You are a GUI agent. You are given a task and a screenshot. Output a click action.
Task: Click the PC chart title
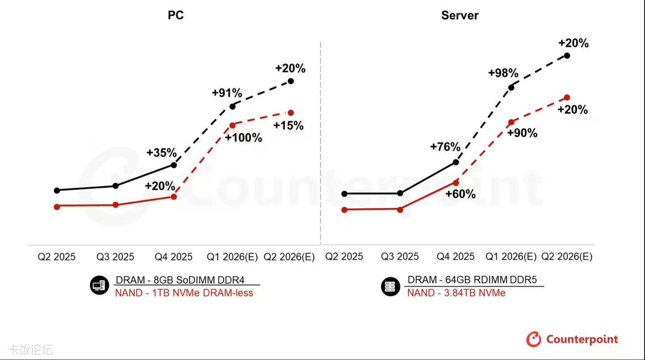(x=176, y=15)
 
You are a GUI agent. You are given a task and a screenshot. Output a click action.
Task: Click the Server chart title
(x=460, y=15)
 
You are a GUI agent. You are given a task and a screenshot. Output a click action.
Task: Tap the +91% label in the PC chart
(x=227, y=93)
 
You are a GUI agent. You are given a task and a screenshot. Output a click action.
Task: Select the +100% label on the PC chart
(x=244, y=138)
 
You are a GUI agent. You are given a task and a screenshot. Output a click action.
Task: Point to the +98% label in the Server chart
(x=503, y=73)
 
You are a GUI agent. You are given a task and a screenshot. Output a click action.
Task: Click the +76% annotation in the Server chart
(x=445, y=147)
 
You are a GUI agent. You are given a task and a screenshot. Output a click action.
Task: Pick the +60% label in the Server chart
(x=460, y=194)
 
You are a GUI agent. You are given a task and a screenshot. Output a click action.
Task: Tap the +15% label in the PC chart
(x=288, y=126)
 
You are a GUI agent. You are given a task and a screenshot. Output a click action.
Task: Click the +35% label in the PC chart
(x=162, y=153)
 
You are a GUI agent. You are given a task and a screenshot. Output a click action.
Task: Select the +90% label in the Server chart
(x=522, y=133)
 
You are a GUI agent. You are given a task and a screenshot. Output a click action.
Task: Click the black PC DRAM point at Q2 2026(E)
(x=291, y=81)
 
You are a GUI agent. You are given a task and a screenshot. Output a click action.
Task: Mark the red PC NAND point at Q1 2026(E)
(x=232, y=125)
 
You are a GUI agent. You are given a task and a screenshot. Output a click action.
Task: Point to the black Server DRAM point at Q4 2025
(x=456, y=162)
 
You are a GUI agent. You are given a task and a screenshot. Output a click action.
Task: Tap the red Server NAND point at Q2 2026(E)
(x=567, y=97)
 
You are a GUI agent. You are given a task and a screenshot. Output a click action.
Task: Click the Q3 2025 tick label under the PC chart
(x=116, y=257)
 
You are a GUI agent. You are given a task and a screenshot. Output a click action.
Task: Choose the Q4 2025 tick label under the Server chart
(x=456, y=257)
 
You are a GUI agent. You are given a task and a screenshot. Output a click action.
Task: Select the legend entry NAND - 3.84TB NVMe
(x=456, y=293)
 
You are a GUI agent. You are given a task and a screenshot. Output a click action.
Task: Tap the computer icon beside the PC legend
(x=99, y=286)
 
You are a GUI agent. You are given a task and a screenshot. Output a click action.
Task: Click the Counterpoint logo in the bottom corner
(x=572, y=339)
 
